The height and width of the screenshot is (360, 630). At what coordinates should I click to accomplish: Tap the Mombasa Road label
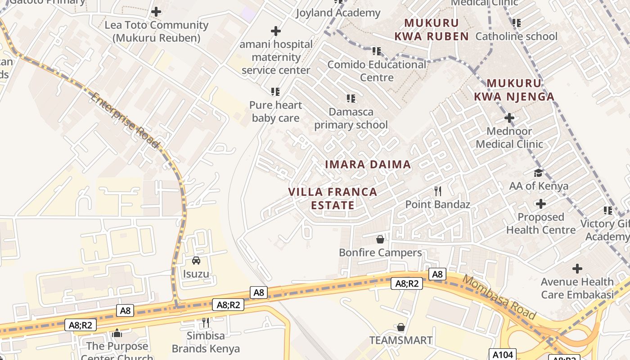click(x=499, y=297)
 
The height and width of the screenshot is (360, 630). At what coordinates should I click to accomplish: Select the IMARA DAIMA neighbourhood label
click(x=368, y=165)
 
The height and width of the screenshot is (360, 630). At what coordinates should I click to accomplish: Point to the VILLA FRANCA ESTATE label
click(x=333, y=198)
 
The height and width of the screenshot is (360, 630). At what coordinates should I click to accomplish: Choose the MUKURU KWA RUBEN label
click(x=432, y=30)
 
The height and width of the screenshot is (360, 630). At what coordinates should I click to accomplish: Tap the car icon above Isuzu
click(x=196, y=261)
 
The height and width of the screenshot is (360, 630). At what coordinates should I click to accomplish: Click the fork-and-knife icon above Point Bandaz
click(x=438, y=191)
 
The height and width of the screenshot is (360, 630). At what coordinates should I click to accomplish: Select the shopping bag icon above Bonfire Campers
click(x=380, y=239)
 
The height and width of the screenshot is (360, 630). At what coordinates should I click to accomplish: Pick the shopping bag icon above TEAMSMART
click(x=401, y=327)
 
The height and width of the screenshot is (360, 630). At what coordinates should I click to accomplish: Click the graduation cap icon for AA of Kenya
click(x=538, y=173)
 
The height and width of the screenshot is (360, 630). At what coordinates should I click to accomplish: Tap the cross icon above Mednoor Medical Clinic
click(x=509, y=118)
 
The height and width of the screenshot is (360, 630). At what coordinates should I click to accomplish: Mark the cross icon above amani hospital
click(x=276, y=31)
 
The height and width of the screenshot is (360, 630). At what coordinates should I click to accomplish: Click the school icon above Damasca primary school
click(x=351, y=99)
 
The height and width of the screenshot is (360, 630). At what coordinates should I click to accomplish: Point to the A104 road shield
click(x=502, y=355)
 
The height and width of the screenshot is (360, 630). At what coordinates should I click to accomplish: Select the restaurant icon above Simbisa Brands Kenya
click(x=206, y=322)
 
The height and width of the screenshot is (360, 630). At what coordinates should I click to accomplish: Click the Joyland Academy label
click(x=337, y=13)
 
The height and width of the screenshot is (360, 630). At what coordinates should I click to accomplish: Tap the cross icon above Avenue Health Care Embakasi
click(x=577, y=269)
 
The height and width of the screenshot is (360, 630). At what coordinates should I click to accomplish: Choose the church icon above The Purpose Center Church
click(x=117, y=333)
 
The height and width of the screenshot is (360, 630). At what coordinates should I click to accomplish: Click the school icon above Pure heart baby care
click(x=275, y=92)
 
